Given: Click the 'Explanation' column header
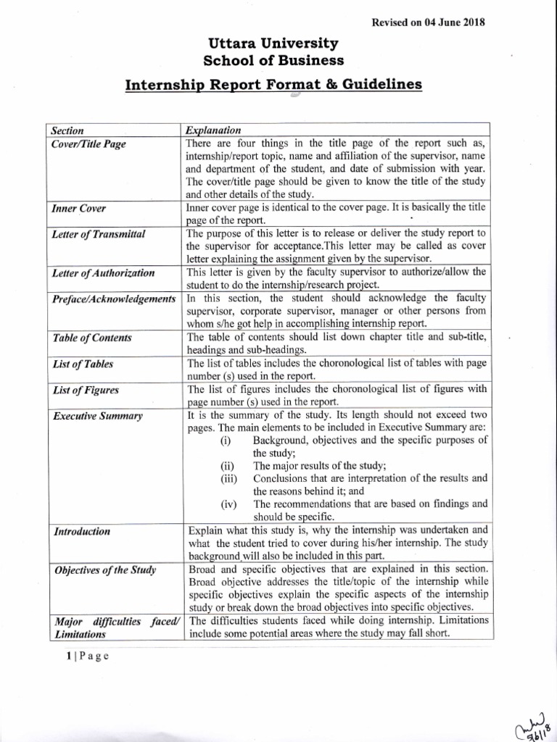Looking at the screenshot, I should tap(213, 130).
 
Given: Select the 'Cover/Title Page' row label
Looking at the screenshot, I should tap(89, 144).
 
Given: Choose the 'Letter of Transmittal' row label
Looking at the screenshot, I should tap(99, 234).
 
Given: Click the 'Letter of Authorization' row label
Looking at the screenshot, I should tap(103, 273).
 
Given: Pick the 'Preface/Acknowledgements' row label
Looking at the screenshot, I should tap(114, 299).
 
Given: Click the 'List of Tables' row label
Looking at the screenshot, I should tap(83, 364).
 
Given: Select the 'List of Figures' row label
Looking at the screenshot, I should tap(86, 390).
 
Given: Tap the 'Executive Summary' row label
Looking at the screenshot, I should tap(97, 416).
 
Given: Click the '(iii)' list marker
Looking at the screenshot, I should tap(229, 478).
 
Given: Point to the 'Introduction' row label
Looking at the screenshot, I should tap(81, 532).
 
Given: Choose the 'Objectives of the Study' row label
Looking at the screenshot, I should tap(104, 570).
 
